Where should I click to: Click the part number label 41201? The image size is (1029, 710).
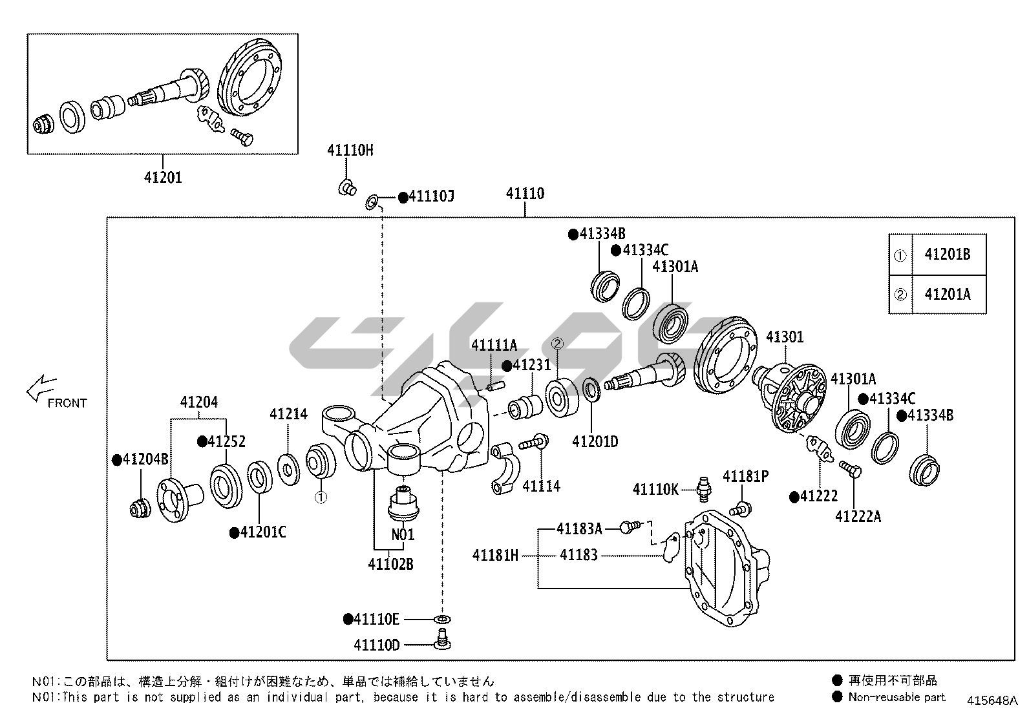point(163,177)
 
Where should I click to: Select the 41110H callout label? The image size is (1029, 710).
point(350,151)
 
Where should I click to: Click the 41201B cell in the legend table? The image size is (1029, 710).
point(947,255)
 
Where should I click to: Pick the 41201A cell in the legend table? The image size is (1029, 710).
point(947,295)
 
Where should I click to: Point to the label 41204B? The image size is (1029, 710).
point(145,459)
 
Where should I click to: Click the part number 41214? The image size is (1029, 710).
point(288,414)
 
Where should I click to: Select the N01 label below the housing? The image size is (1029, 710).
point(402,535)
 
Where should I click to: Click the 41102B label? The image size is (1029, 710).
point(390,564)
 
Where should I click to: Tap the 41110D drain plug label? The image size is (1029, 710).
point(377,645)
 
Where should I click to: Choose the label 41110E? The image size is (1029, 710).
point(377,620)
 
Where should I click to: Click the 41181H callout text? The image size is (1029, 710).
point(495,555)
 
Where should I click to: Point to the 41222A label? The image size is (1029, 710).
point(858,516)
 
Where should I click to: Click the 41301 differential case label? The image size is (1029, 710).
point(785,337)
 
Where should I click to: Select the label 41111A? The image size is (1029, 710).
point(494,346)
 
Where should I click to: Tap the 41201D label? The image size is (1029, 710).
point(595,442)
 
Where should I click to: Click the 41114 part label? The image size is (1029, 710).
point(541,486)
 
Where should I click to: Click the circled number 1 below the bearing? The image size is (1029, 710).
point(321,497)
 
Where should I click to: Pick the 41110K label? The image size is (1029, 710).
point(655,490)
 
